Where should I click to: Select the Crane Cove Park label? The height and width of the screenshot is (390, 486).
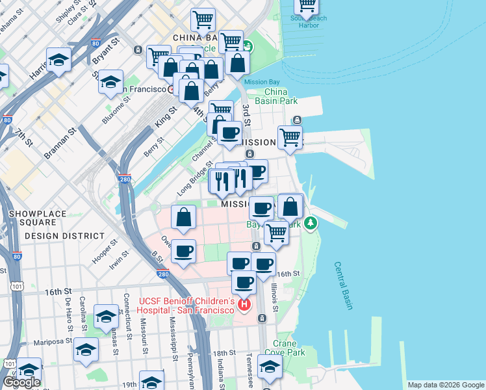click(289, 348)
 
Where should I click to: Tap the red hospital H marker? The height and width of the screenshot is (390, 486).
click(244, 304)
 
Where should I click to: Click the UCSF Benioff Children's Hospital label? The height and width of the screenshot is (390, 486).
click(186, 305)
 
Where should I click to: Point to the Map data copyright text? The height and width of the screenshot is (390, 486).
click(445, 385)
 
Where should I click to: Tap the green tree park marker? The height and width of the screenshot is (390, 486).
click(312, 223)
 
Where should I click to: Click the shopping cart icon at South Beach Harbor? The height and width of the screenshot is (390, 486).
click(307, 6)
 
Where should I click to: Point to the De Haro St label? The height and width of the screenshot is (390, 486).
click(68, 312)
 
